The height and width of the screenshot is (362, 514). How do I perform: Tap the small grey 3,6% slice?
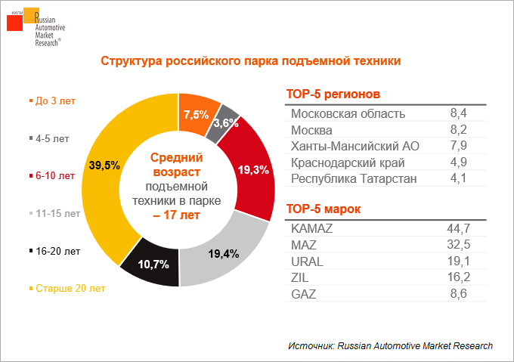(x=224, y=123)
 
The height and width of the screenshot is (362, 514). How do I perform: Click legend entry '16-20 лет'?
(x=56, y=250)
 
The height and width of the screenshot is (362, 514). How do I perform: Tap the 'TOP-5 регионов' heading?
(x=333, y=94)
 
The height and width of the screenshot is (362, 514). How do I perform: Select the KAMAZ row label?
(x=312, y=227)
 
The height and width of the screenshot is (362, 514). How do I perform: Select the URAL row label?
(x=308, y=261)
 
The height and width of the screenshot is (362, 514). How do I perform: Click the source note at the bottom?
(x=390, y=345)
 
